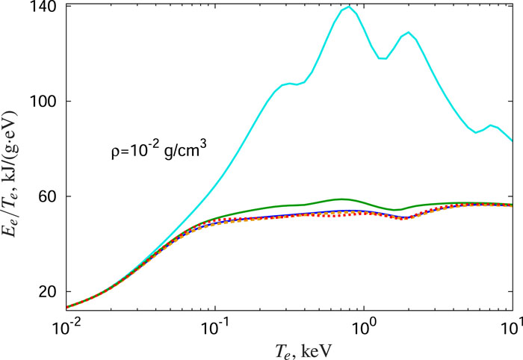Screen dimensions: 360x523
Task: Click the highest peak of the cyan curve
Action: (348, 7)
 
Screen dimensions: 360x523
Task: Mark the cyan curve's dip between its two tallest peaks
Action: (383, 58)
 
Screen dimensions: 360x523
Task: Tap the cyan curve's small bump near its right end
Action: (490, 125)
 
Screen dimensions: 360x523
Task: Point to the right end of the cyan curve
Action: (513, 140)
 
